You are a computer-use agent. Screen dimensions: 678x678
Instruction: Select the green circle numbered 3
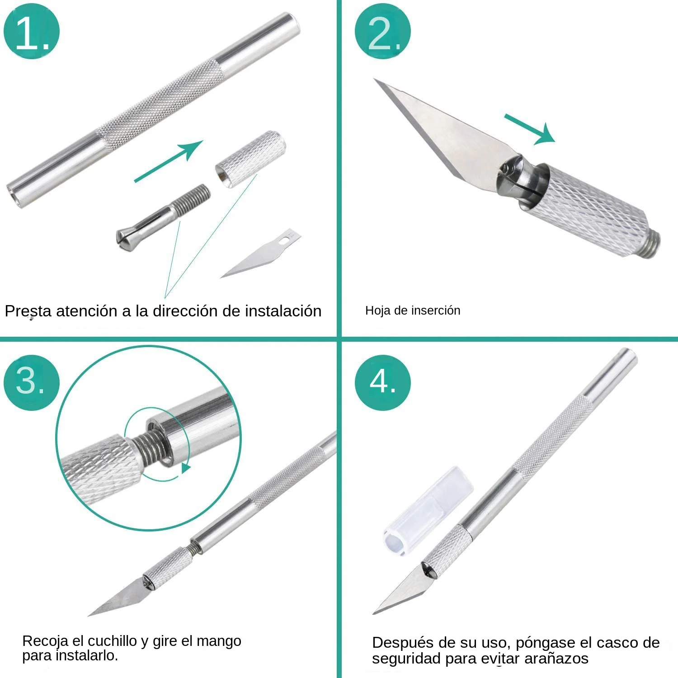pyautogui.click(x=31, y=382)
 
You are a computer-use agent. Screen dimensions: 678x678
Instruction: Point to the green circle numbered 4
pyautogui.click(x=382, y=382)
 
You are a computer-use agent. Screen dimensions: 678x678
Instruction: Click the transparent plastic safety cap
pyautogui.click(x=427, y=511)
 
